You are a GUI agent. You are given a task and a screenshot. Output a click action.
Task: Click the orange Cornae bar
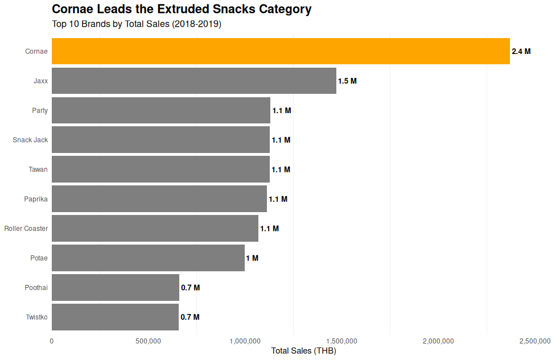point(281,51)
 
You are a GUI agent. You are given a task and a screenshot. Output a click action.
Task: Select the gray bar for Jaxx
point(193,81)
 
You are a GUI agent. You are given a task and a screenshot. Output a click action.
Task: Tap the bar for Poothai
point(115,288)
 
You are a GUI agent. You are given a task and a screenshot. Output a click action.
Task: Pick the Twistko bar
point(115,317)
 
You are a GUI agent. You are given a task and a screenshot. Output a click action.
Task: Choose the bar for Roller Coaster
point(155,229)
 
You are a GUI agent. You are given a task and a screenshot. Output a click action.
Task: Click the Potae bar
point(148,258)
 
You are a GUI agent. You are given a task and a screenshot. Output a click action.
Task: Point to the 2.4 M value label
point(521,51)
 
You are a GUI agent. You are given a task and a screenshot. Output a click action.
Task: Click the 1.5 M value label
point(347,81)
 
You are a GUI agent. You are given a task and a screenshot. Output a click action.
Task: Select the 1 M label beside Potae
point(252,258)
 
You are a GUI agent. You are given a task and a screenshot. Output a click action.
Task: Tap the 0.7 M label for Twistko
point(190,317)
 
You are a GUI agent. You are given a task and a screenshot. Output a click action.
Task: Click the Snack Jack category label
point(30,140)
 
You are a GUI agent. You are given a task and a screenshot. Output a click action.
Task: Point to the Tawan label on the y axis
point(38,169)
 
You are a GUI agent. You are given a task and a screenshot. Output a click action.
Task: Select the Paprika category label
point(36,199)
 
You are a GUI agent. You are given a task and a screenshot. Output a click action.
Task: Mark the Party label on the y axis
point(40,110)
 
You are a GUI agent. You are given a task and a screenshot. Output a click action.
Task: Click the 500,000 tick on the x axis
point(149,341)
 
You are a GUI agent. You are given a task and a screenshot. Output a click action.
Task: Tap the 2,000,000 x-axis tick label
point(438,341)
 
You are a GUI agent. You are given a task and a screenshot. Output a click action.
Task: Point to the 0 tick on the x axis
point(52,341)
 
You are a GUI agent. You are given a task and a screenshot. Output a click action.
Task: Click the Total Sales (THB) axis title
point(303,351)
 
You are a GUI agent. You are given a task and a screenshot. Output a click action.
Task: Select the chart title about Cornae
point(182,10)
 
